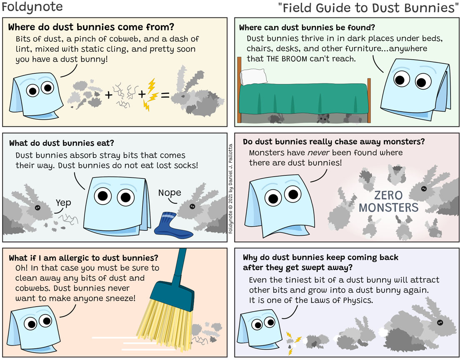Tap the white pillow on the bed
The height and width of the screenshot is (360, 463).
pyautogui.click(x=254, y=77)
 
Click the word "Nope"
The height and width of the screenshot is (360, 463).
pyautogui.click(x=170, y=193)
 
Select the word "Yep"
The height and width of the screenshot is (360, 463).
pyautogui.click(x=63, y=203)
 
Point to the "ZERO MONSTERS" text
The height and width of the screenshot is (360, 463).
pyautogui.click(x=388, y=201)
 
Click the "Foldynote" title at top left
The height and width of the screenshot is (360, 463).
pyautogui.click(x=32, y=7)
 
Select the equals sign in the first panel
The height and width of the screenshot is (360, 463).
pyautogui.click(x=165, y=95)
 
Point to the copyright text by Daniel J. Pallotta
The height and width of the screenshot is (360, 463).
pyautogui.click(x=230, y=189)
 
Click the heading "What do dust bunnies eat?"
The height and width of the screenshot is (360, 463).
pyautogui.click(x=61, y=143)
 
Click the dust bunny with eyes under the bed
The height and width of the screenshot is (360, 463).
pyautogui.click(x=323, y=119)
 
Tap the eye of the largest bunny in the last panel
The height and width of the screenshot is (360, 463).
pyautogui.click(x=440, y=322)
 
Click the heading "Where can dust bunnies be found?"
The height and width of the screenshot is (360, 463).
pyautogui.click(x=307, y=27)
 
